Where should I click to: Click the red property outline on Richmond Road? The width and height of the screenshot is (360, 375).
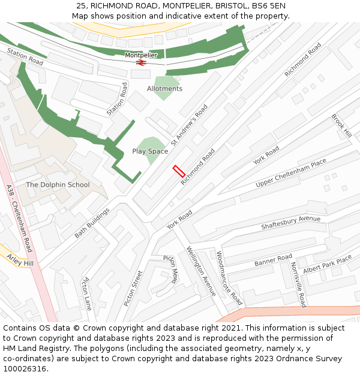(179, 171)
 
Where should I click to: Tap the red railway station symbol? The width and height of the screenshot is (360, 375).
(142, 62)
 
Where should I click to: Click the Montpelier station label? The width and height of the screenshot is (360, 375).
(141, 55)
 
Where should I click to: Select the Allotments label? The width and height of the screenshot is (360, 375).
(164, 89)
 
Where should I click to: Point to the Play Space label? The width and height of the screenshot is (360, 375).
(150, 151)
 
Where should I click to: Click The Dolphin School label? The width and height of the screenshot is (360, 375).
(58, 185)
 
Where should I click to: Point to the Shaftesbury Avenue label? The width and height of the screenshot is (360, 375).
(291, 223)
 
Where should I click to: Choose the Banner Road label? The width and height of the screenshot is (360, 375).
(273, 260)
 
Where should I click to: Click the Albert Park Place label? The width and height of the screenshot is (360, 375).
(327, 265)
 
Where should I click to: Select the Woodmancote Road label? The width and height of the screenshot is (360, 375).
(229, 278)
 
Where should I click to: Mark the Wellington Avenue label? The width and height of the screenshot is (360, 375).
(201, 271)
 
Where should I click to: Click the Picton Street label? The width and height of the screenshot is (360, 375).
(133, 288)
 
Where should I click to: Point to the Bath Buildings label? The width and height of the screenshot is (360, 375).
(92, 223)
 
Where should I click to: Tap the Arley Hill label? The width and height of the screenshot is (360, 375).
(20, 260)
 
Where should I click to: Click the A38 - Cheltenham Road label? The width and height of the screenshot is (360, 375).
(20, 218)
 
